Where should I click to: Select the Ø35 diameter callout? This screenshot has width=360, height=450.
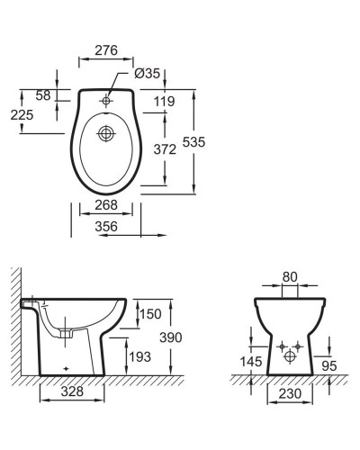pyautogui.click(x=147, y=73)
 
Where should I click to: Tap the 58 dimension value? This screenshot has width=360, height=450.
pyautogui.click(x=41, y=94)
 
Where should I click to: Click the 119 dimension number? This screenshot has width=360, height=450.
pyautogui.click(x=164, y=102)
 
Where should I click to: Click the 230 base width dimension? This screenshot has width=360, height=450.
pyautogui.click(x=289, y=392)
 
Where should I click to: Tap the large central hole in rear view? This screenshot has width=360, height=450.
pyautogui.click(x=289, y=355)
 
